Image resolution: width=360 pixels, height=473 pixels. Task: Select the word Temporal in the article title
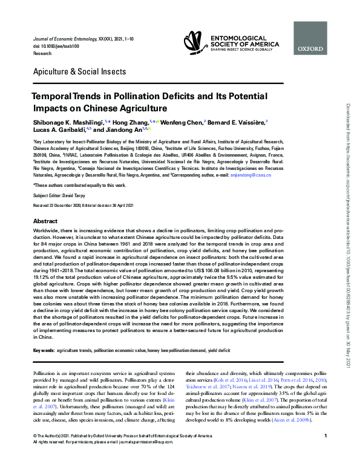point(56,97)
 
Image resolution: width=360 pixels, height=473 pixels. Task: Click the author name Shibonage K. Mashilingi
point(67,121)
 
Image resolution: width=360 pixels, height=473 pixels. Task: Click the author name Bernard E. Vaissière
point(235,121)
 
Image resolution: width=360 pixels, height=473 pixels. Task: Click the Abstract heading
point(45,221)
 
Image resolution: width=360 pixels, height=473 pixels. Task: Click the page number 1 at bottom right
point(325,452)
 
